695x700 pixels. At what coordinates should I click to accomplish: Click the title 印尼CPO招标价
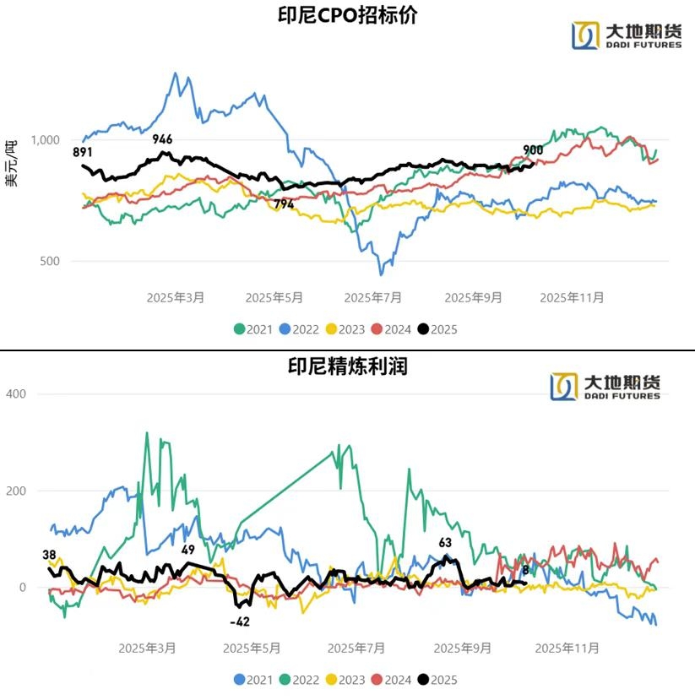pos(347,16)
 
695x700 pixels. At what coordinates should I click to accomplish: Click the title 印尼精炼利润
pos(347,366)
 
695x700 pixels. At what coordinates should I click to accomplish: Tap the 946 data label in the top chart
pos(162,138)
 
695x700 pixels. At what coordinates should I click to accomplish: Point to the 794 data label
pos(284,204)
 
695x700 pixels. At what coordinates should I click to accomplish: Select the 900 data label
pos(533,150)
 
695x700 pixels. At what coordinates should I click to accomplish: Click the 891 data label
pos(83,152)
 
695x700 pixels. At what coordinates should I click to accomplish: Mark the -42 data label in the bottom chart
pos(240,621)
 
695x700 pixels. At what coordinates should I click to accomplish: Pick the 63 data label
pos(445,543)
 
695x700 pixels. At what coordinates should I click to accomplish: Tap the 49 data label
pos(188,550)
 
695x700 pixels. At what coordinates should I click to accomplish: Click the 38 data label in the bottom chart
pos(50,555)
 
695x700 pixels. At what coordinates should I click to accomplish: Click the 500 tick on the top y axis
pos(48,261)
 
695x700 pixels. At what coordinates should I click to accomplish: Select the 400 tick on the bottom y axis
pos(18,393)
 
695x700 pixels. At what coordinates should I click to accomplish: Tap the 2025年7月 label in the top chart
pos(373,297)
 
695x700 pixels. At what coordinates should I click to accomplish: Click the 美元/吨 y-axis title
pos(11,163)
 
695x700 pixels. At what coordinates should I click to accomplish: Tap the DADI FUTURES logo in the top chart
pos(627,35)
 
